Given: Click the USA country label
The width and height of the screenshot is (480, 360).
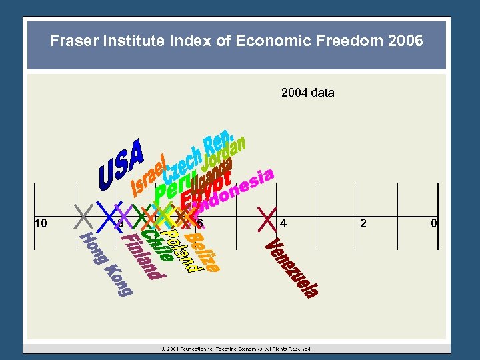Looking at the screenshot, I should coord(121,163).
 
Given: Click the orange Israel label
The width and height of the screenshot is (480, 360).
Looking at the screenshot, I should coord(149,175).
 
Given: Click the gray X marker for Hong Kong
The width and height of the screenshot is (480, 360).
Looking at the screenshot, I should coord(83,215).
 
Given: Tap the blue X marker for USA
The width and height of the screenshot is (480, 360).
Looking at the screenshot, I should coord(106,215).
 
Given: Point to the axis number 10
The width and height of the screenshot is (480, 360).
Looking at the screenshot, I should coord(40,223).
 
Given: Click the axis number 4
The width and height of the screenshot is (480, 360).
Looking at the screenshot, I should coord(284,223).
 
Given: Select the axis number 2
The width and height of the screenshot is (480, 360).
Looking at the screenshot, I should coord(363,223).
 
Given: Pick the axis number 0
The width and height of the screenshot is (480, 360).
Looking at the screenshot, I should coord(433,223).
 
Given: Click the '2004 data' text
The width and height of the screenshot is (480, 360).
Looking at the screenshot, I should coord(307,93).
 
